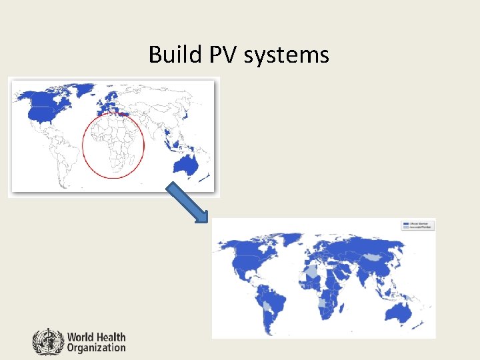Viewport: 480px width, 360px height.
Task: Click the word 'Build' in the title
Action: tap(170, 54)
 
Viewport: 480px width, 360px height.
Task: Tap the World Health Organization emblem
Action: tap(47, 341)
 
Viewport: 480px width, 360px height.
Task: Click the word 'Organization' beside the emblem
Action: tap(96, 347)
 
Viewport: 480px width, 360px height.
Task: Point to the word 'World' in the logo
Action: tap(82, 337)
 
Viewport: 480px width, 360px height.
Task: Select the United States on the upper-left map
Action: tap(43, 113)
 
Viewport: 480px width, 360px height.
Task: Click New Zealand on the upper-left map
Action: tap(207, 177)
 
